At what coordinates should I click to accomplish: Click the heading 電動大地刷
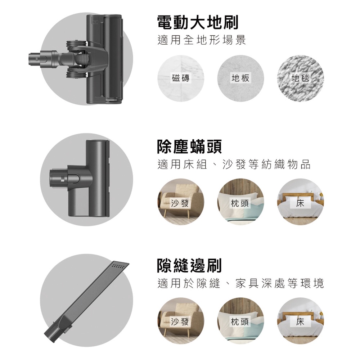(x=198, y=22)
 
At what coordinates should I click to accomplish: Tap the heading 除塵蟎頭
(x=189, y=147)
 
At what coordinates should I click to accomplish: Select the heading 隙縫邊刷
(x=189, y=265)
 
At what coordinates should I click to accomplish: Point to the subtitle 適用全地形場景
(x=202, y=40)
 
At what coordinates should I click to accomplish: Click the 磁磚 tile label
(x=181, y=78)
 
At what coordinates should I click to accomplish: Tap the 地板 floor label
(x=240, y=78)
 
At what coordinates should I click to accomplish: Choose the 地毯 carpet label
(x=300, y=78)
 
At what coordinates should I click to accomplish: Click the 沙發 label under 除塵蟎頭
(x=180, y=203)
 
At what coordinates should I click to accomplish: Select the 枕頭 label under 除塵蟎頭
(x=239, y=203)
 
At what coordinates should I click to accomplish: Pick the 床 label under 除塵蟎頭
(x=300, y=203)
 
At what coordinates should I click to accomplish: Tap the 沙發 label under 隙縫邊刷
(x=180, y=321)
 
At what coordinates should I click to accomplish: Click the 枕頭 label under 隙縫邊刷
(x=239, y=321)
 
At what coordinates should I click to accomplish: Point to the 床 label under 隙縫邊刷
(x=300, y=321)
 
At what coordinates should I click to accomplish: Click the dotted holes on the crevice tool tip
(x=118, y=266)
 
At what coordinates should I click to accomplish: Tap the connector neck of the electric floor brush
(x=44, y=59)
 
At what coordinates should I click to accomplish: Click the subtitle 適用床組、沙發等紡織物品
(x=234, y=165)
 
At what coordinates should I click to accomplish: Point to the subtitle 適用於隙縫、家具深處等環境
(x=240, y=283)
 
